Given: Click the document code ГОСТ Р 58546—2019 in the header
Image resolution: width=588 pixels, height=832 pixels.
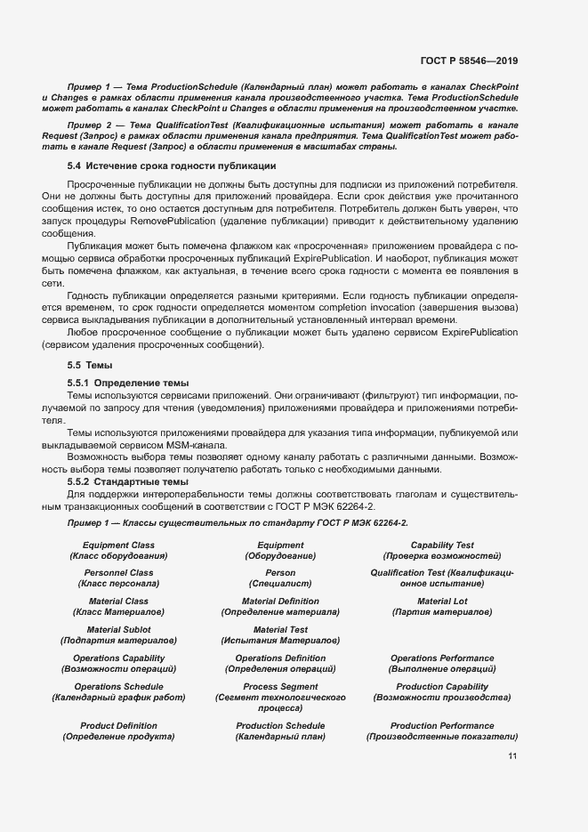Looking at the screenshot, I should point(469,61).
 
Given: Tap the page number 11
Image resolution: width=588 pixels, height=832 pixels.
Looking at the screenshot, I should point(512,756).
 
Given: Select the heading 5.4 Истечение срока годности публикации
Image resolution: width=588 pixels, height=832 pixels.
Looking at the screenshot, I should point(172,166).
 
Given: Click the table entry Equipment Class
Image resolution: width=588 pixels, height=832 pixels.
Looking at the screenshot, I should point(118,545).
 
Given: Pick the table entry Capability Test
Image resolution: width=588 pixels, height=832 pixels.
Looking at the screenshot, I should point(441,545).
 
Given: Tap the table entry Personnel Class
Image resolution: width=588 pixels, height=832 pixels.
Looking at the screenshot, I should point(118,573).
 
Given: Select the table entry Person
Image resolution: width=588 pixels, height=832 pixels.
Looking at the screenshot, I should point(280,573).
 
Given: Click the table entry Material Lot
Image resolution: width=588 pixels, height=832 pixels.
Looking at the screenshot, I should point(441,602).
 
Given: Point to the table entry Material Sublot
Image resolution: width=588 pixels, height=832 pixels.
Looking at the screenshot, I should point(118,629).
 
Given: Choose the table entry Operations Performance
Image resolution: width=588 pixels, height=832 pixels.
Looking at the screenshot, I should point(441,658).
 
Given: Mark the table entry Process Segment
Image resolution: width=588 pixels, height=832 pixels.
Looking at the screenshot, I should point(280,686).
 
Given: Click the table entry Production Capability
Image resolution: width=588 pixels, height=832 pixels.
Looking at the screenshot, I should point(441,686).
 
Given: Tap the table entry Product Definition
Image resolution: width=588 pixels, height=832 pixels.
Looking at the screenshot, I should point(118,725).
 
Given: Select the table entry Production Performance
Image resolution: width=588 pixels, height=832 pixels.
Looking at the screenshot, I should point(441,725).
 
